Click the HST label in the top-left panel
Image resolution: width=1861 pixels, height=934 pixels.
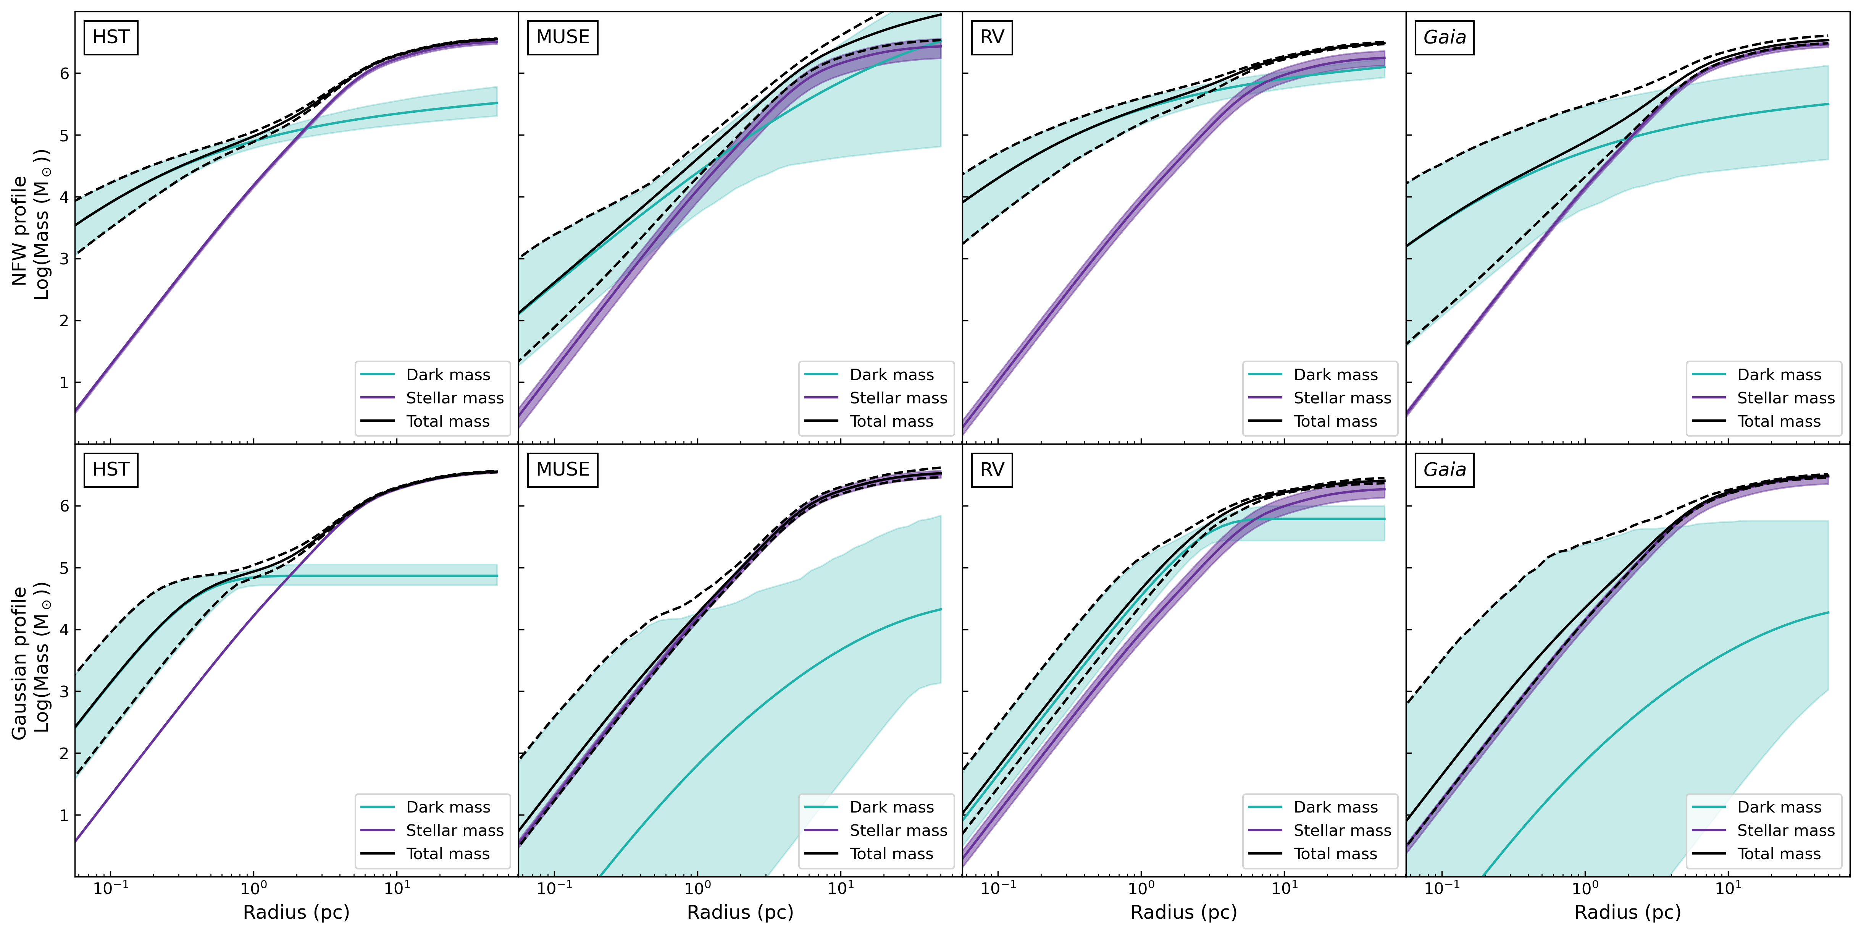111,37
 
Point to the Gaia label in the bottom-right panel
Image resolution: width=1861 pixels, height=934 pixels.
1444,470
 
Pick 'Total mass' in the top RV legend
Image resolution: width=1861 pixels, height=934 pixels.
1335,421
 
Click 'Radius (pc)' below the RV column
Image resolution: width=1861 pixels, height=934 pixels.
1183,912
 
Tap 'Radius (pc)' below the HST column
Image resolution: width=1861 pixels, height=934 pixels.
296,912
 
